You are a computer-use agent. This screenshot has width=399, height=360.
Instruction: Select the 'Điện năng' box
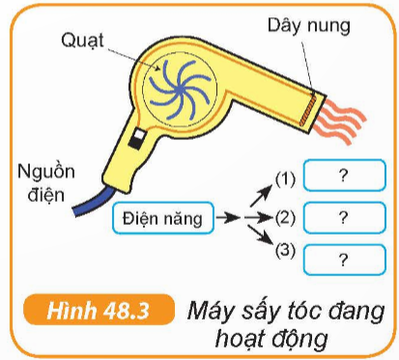(162, 218)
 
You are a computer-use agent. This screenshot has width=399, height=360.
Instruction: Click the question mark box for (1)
(341, 177)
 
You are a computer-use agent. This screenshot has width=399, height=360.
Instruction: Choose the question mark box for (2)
(341, 217)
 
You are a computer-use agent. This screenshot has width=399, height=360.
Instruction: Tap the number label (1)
(284, 178)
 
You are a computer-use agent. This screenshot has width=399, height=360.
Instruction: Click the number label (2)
(284, 217)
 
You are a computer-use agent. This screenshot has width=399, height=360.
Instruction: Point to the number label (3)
(284, 252)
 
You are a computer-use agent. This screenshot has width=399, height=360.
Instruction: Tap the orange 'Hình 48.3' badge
(95, 312)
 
